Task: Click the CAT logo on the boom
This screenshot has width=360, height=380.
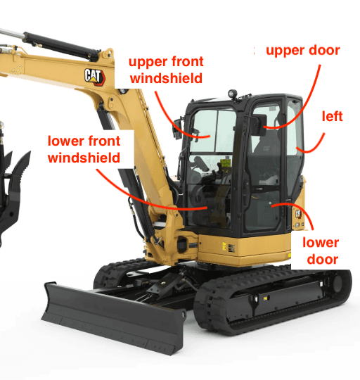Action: click(95, 77)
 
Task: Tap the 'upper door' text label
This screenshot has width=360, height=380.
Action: click(303, 51)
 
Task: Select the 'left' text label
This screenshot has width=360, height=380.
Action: click(332, 116)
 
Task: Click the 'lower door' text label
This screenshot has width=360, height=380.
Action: click(321, 251)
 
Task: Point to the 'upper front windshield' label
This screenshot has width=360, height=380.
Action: click(166, 70)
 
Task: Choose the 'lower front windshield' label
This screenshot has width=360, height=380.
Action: click(84, 149)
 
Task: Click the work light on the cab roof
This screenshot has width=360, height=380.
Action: click(233, 94)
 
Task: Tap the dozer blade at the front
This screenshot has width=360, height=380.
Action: click(113, 317)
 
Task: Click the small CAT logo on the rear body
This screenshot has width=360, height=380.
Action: click(298, 214)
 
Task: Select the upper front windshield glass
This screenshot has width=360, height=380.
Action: click(212, 131)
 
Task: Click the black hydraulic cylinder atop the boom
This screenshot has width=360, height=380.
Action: click(62, 46)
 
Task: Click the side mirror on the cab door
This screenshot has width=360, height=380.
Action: click(259, 125)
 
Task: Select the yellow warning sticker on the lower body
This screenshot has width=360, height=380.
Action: click(224, 246)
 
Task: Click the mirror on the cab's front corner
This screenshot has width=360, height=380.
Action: click(177, 129)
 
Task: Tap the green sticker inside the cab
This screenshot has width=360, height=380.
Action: click(226, 163)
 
